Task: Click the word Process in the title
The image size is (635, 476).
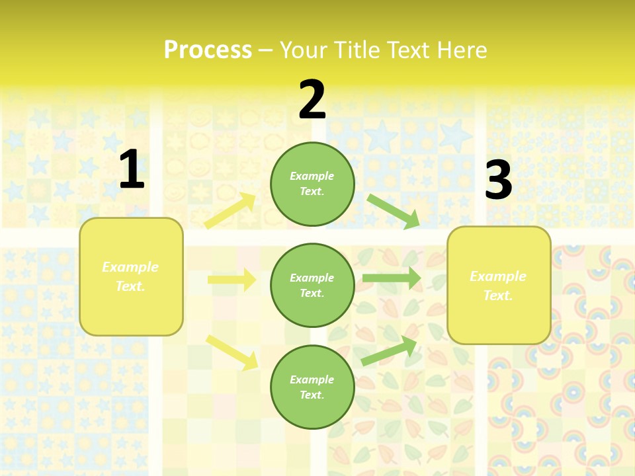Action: [208, 50]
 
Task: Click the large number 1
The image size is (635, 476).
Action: [132, 170]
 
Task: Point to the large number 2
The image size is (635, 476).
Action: [312, 100]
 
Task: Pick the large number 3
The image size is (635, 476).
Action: [498, 180]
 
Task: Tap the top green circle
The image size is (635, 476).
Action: [312, 184]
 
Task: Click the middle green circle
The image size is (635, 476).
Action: [312, 285]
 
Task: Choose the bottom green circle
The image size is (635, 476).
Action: [312, 387]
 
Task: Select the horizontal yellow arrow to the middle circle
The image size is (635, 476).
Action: [232, 280]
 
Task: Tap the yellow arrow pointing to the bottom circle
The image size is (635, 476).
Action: [232, 352]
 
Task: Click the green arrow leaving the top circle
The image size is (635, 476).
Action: [394, 211]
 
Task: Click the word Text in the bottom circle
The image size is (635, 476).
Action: [312, 395]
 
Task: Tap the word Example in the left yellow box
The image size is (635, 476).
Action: [130, 267]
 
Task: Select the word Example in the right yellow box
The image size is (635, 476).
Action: [498, 276]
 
